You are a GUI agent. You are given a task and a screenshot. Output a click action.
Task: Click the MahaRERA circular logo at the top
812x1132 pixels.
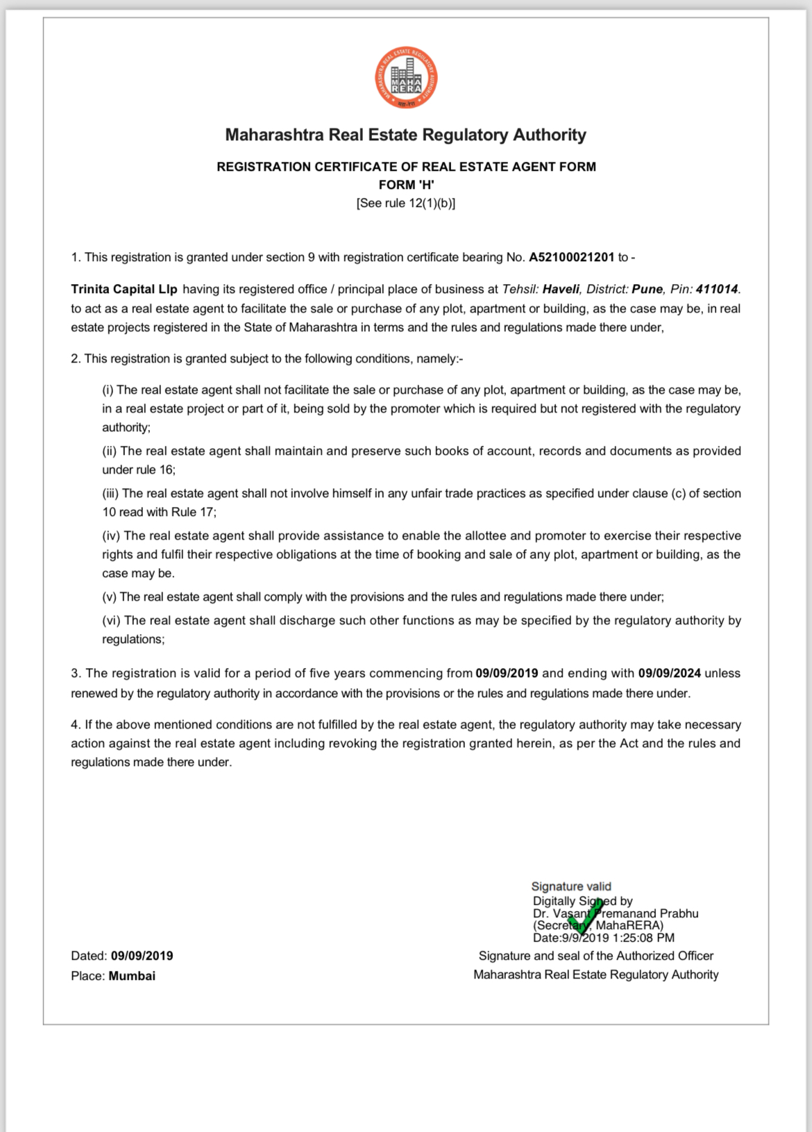(406, 77)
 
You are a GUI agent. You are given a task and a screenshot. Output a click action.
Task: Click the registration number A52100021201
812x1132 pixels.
(571, 257)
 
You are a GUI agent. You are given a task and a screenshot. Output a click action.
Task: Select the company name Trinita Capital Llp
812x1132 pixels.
(124, 289)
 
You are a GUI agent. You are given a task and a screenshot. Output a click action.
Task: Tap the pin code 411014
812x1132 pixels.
(717, 289)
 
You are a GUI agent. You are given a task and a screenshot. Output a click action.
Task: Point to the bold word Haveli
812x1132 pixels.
(561, 289)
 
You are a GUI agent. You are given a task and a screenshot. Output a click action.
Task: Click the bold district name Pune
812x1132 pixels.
(647, 289)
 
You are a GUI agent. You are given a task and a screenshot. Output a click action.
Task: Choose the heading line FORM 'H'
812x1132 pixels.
(406, 185)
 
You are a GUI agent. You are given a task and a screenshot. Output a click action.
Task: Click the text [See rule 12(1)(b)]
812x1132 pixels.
(406, 203)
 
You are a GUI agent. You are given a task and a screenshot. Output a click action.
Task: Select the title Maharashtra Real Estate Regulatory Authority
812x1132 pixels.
(406, 135)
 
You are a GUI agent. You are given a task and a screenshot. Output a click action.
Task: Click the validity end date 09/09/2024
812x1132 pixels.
(669, 673)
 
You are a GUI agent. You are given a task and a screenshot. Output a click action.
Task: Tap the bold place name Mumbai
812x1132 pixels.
(132, 976)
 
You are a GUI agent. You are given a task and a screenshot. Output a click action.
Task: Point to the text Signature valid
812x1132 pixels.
(571, 886)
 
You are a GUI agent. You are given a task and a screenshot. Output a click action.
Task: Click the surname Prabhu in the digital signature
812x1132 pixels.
(679, 913)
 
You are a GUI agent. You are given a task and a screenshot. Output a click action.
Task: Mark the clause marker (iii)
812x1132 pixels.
(111, 493)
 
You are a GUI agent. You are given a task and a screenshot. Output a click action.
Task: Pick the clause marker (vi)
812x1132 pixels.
(111, 620)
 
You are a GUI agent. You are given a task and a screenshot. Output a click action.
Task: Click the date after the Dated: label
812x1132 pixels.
(142, 956)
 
